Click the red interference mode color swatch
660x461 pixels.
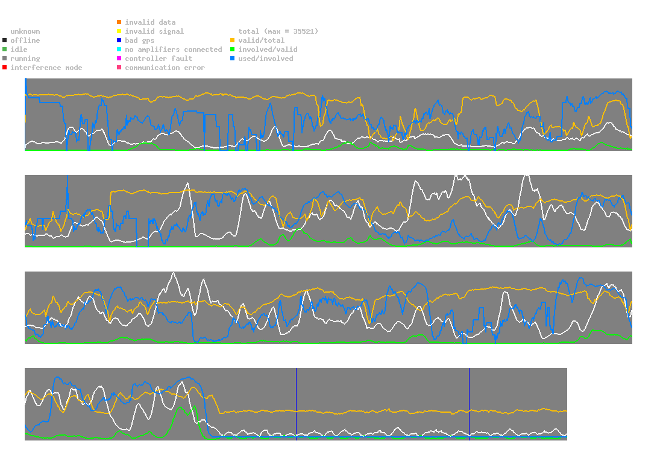[5, 68]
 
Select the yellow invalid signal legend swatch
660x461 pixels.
[119, 31]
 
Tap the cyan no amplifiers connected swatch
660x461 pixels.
[119, 49]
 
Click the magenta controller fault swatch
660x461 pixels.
[119, 59]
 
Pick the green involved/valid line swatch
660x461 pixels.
[233, 49]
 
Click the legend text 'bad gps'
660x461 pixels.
[139, 40]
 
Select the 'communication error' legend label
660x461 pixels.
[165, 68]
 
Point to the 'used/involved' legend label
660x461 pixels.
[265, 59]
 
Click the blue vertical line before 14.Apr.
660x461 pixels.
[469, 402]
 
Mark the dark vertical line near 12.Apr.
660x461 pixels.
[296, 402]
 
